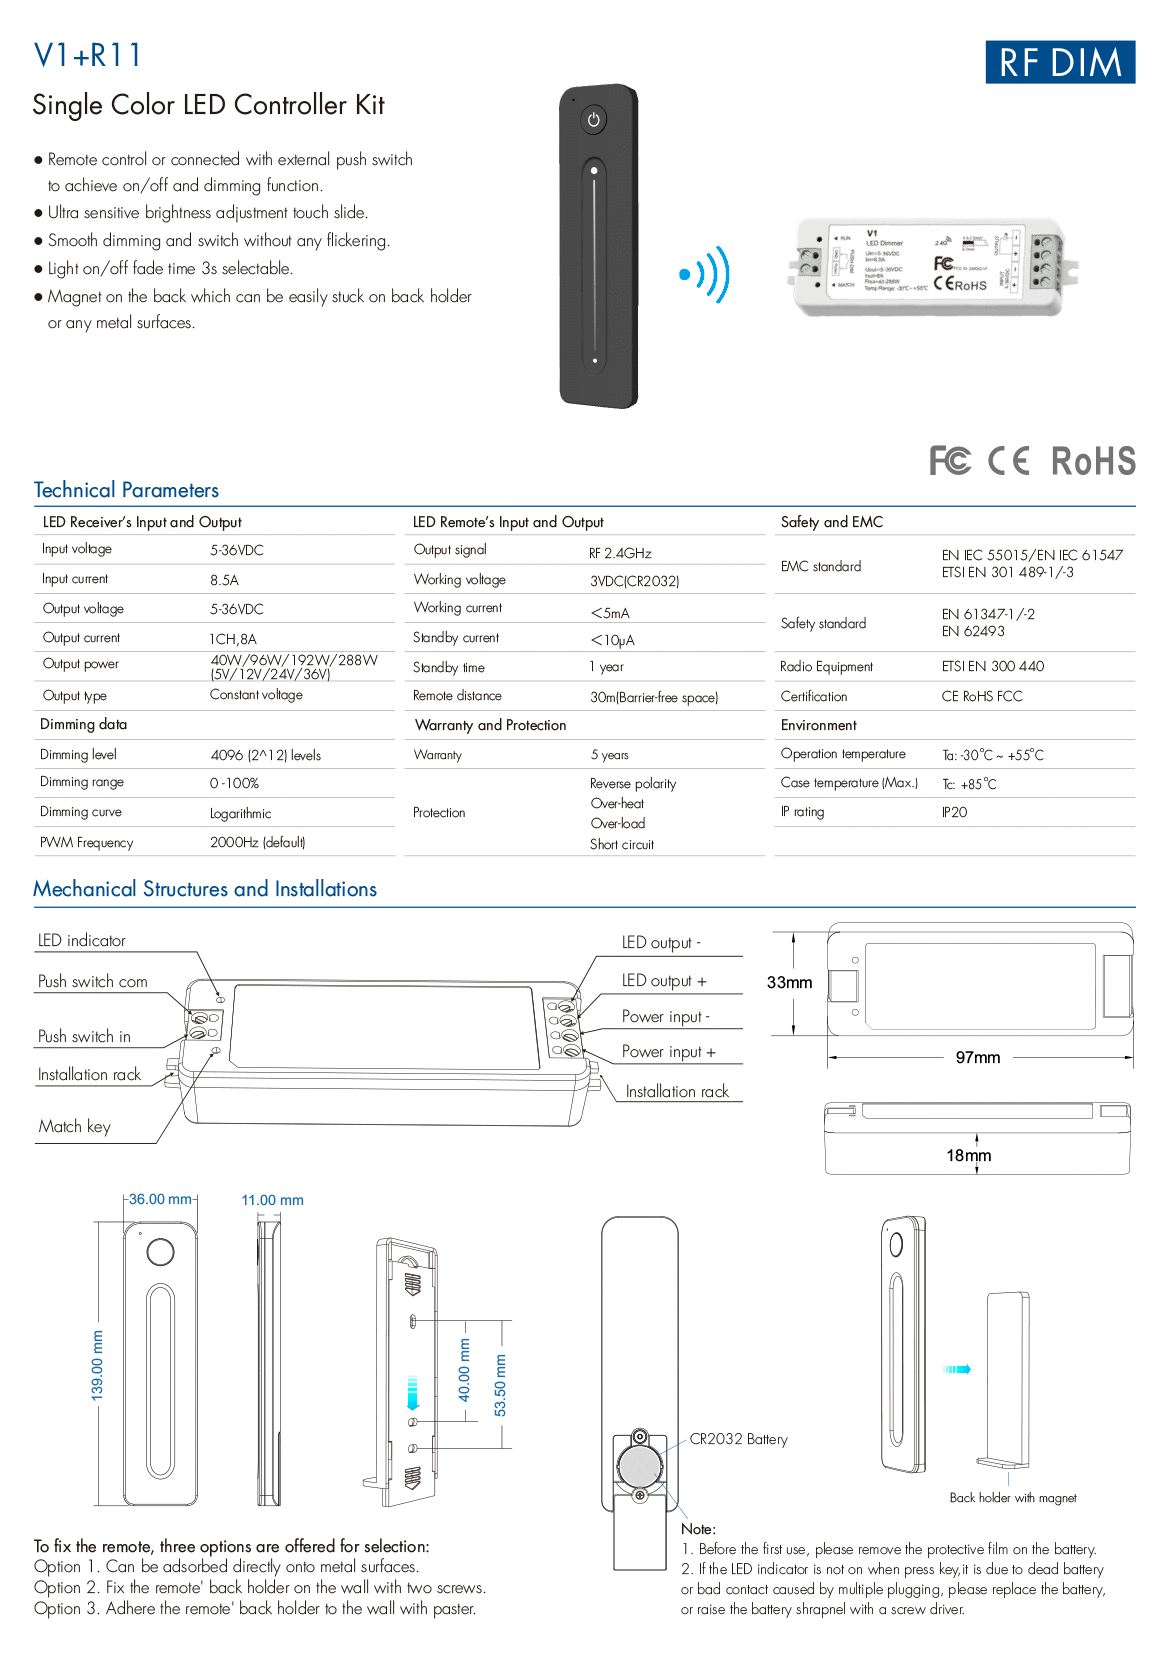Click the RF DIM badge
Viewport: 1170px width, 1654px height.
click(1059, 62)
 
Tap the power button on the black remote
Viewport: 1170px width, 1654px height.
click(594, 120)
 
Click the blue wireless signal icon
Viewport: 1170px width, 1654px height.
click(705, 274)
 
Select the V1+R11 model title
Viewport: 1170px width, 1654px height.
click(88, 55)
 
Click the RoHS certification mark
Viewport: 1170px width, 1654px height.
click(1093, 461)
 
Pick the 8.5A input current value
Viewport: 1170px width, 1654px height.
click(224, 580)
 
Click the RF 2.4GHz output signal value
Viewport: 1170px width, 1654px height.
click(620, 553)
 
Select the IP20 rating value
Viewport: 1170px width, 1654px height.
click(954, 812)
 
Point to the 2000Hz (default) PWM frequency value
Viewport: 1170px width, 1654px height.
click(257, 842)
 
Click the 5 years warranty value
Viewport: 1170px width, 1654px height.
click(609, 755)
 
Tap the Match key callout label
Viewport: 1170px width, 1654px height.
click(75, 1126)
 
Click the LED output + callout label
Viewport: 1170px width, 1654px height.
click(664, 981)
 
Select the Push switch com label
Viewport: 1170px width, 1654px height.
click(93, 982)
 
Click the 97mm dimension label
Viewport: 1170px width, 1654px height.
click(977, 1057)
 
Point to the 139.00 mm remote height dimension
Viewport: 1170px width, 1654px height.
click(97, 1365)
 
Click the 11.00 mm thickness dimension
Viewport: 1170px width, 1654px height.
click(272, 1200)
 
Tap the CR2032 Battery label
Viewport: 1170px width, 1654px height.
click(738, 1439)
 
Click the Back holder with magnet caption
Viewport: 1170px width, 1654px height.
click(1012, 1498)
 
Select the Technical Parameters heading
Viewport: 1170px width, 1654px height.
click(126, 490)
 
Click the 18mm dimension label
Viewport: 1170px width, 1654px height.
click(968, 1155)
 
